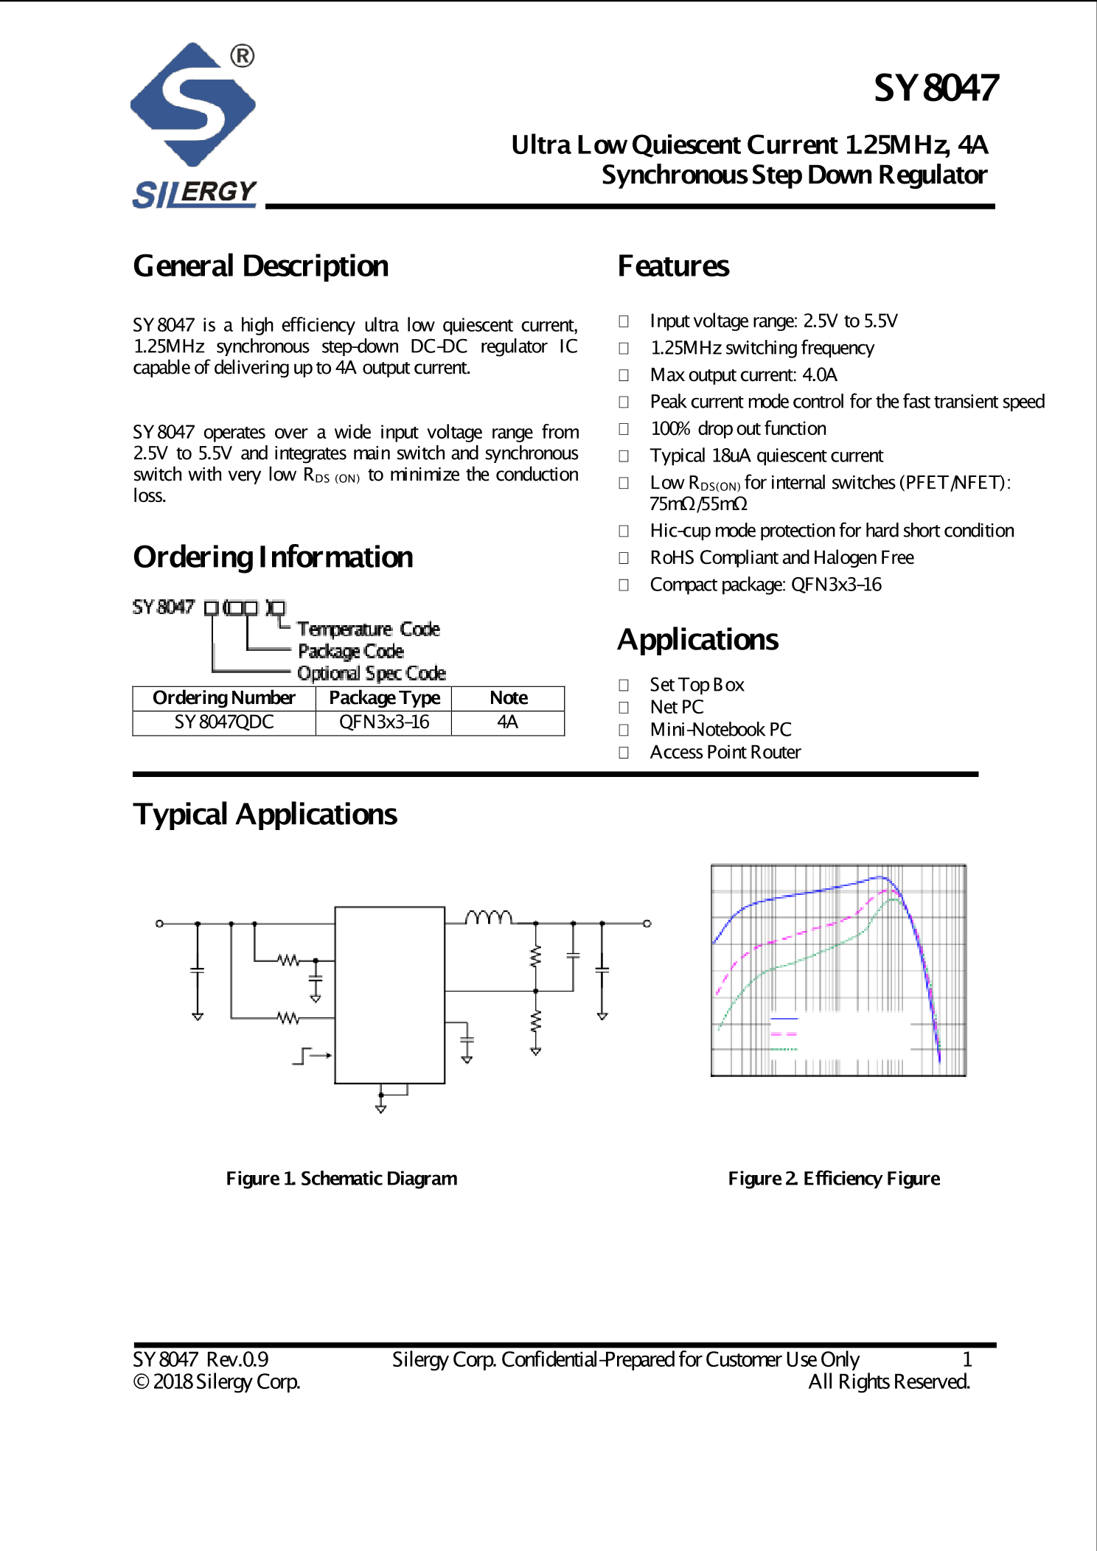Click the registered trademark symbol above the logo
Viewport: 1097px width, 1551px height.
[x=242, y=56]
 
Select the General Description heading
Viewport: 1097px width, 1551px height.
[x=260, y=266]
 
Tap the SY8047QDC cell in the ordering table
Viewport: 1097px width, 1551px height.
[x=223, y=722]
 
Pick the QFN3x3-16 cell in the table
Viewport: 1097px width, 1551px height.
[x=383, y=722]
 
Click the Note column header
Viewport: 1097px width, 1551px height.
[x=508, y=698]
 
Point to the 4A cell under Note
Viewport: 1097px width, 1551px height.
[x=507, y=722]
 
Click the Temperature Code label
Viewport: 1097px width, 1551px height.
[x=368, y=630]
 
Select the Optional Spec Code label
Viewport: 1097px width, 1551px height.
[x=371, y=674]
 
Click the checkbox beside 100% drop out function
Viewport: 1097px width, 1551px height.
[x=624, y=429]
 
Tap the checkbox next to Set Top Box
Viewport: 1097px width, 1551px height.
[x=624, y=686]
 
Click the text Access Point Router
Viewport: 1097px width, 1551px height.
[x=725, y=753]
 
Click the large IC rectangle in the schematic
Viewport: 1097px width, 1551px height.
[x=389, y=994]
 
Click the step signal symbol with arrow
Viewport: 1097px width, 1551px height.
[x=310, y=1056]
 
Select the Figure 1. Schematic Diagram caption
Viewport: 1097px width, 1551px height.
[x=341, y=1179]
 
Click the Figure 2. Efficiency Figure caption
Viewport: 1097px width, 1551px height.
[x=833, y=1179]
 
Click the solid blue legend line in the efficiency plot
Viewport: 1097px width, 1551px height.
[x=784, y=1019]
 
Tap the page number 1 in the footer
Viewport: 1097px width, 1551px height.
[x=967, y=1359]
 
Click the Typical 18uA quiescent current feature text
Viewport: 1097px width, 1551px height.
[x=766, y=456]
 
